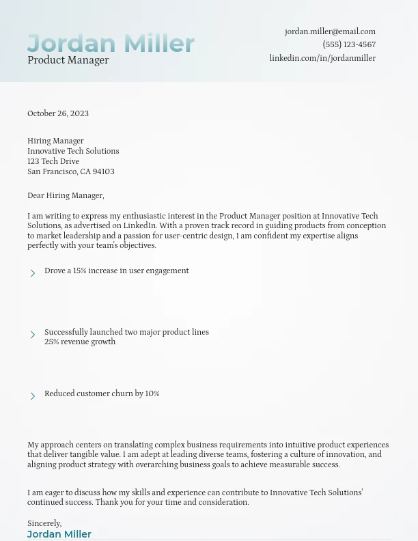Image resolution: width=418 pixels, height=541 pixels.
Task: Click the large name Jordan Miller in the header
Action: click(111, 43)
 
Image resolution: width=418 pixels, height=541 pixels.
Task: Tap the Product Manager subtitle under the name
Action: click(68, 60)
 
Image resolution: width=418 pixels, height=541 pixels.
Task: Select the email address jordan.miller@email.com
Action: click(330, 31)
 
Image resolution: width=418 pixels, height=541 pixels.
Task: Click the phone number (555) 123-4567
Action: click(349, 44)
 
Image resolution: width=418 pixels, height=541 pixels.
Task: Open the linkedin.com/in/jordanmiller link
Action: click(322, 58)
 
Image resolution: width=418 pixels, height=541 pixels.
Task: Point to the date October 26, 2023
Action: click(58, 113)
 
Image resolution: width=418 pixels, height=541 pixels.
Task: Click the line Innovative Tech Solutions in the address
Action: click(73, 151)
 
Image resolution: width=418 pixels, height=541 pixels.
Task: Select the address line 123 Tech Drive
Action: click(53, 161)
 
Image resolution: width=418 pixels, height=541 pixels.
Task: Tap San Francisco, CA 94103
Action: click(71, 171)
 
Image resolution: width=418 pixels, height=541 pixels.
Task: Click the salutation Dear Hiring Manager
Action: click(66, 195)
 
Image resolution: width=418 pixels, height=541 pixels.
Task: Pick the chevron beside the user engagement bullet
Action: click(33, 273)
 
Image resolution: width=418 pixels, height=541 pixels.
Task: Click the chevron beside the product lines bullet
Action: click(33, 335)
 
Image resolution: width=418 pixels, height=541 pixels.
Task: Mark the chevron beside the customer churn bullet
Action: click(33, 396)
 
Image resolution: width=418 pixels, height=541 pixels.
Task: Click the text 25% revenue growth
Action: click(80, 342)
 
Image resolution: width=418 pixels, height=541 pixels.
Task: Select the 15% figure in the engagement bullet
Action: click(80, 270)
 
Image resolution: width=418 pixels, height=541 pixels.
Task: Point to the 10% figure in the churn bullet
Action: click(152, 393)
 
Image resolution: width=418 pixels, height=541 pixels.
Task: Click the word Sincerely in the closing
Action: click(44, 523)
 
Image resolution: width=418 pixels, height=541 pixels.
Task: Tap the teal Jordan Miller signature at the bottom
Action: click(59, 534)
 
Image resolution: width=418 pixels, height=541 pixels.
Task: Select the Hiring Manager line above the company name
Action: click(55, 141)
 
